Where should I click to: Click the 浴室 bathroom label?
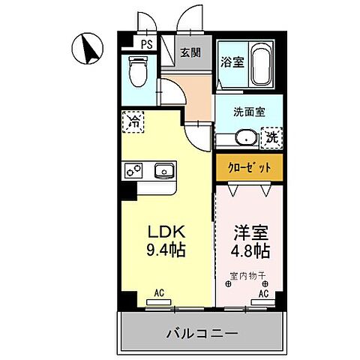(231, 62)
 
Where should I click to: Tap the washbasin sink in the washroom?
(242, 139)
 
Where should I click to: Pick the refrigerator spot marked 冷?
(133, 120)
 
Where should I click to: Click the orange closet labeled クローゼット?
(249, 167)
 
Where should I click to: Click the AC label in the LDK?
(159, 293)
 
